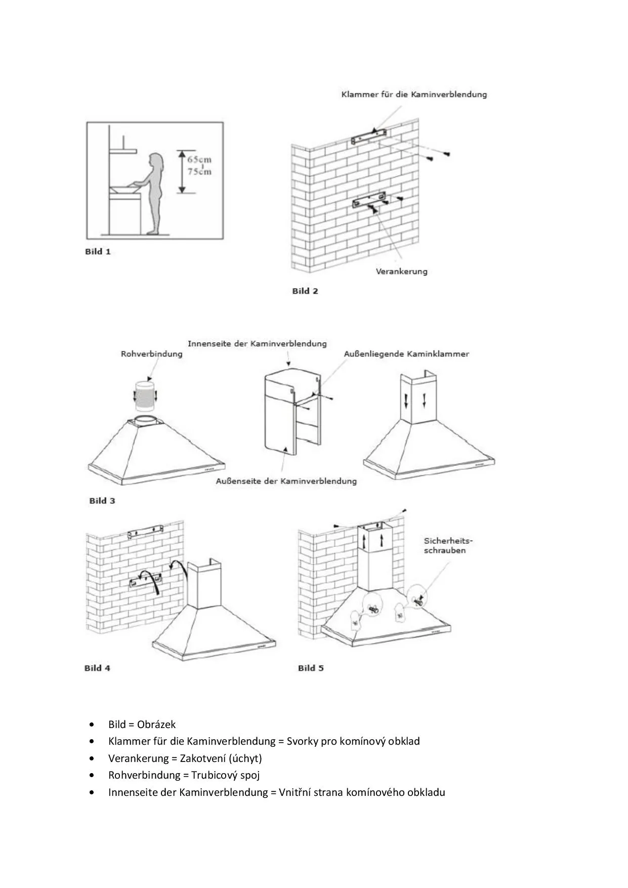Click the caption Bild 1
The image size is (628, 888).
click(98, 252)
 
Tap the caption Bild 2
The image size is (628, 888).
click(305, 291)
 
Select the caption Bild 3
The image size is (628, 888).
click(102, 501)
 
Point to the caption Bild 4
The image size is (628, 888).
click(97, 668)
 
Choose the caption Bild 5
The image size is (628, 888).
click(311, 668)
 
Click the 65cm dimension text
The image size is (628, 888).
click(199, 159)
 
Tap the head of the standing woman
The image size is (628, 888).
click(156, 161)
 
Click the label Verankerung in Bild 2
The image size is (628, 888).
click(401, 271)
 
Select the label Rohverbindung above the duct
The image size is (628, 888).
click(151, 354)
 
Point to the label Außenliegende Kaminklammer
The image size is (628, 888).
click(406, 354)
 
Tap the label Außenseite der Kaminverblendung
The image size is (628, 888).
click(286, 481)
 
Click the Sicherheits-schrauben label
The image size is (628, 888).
click(445, 546)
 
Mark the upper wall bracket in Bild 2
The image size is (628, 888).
click(370, 136)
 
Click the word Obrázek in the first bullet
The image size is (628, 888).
click(156, 724)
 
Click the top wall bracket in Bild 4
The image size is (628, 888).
click(146, 531)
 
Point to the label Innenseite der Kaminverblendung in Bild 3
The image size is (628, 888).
click(257, 344)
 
